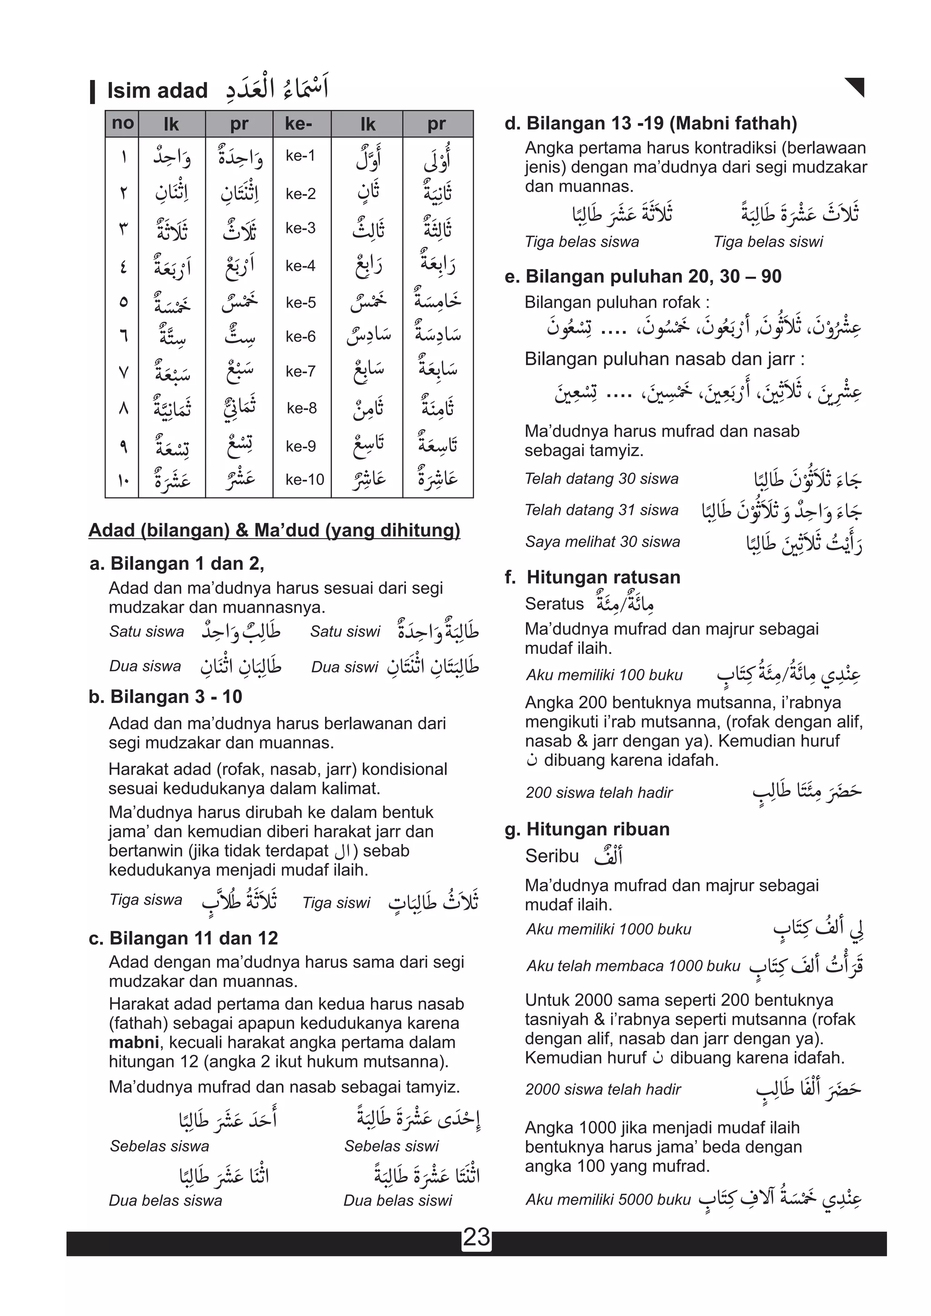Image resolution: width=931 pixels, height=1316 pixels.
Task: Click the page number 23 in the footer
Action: coord(476,1237)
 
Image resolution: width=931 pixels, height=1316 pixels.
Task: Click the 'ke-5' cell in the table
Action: coord(300,303)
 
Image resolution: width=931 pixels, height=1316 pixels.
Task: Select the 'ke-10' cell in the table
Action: coord(305,479)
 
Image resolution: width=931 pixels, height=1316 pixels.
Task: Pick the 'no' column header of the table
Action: coord(122,123)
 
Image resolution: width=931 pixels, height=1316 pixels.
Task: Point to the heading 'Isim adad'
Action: coord(157,90)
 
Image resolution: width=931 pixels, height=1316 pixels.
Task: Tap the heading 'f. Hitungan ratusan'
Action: coord(592,577)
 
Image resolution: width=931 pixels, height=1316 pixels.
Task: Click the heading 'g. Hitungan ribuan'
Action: coord(587,829)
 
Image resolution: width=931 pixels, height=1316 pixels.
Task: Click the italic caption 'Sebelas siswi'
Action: coord(391,1147)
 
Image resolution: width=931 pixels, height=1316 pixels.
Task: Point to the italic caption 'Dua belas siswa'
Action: coord(165,1201)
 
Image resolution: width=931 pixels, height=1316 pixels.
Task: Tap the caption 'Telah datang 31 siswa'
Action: coord(601,510)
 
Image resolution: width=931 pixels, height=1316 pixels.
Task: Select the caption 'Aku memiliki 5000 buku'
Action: coord(608,1200)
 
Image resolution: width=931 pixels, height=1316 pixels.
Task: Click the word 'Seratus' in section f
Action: coord(554,603)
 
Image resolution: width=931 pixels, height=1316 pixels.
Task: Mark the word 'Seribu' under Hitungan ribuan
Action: coord(551,856)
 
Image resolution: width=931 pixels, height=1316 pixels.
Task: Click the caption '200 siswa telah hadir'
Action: coord(599,793)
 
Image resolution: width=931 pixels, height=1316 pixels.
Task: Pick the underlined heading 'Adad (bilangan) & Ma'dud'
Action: coord(274,530)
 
